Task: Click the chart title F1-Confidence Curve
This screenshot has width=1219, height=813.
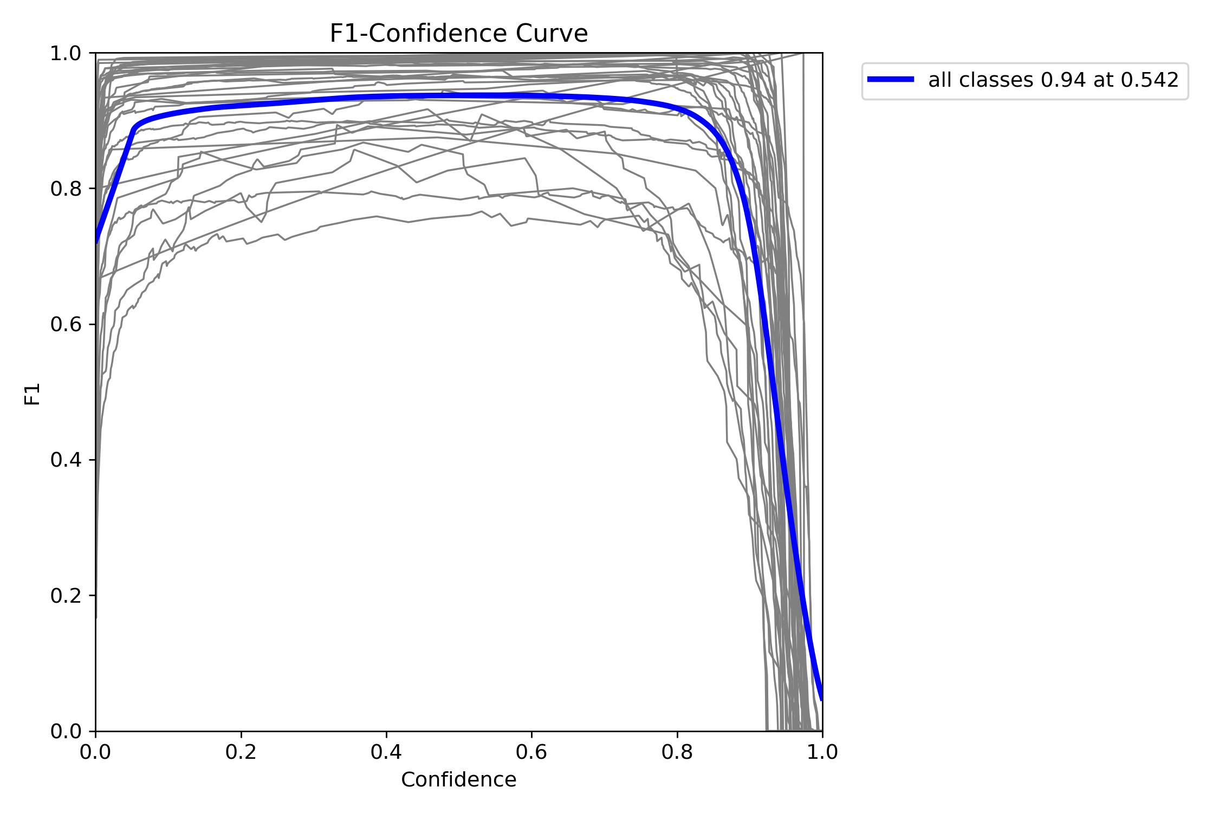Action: pos(458,34)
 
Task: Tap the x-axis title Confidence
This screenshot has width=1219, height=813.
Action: pos(458,779)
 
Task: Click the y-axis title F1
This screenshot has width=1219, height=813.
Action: pos(33,394)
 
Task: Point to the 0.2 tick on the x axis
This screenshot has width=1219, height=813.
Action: pos(241,752)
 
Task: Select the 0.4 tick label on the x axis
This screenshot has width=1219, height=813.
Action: pos(386,752)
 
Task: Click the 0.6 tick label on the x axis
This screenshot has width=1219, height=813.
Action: pos(531,752)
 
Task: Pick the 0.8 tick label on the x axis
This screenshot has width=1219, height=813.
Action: pos(677,752)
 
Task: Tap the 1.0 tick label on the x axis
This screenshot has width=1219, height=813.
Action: pos(822,752)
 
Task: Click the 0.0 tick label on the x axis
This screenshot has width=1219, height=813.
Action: pos(95,752)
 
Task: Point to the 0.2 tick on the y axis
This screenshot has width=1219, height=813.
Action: pos(66,596)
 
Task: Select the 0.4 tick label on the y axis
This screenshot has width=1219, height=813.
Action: pos(66,460)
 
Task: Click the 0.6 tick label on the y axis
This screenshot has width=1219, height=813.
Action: pos(66,325)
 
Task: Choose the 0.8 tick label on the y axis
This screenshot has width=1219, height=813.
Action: pos(66,189)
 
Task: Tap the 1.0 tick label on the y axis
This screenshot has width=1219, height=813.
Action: pos(66,53)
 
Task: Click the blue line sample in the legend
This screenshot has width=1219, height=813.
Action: pos(891,79)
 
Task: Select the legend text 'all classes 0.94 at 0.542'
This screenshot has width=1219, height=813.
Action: pos(1053,80)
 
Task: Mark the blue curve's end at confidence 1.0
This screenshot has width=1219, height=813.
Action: pos(821,699)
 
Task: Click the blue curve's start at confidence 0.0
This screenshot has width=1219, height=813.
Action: pos(97,241)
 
